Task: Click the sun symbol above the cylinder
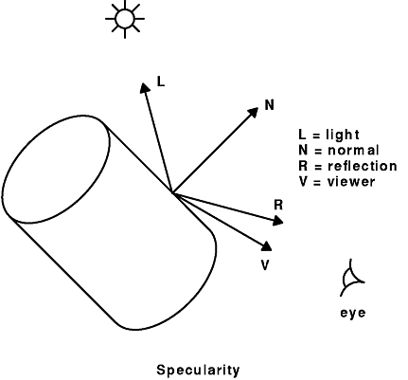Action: (125, 19)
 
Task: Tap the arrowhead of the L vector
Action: (145, 88)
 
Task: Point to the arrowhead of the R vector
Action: (277, 221)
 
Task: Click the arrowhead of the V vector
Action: (267, 246)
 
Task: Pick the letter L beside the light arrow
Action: (161, 81)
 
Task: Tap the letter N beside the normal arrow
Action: (269, 105)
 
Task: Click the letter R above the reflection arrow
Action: (278, 205)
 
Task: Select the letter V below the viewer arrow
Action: (265, 265)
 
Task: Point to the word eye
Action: (353, 313)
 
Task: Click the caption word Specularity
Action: (198, 371)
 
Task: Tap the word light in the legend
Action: (343, 135)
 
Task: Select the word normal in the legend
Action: (353, 151)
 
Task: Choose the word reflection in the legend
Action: (363, 166)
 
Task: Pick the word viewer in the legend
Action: (351, 182)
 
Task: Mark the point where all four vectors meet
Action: (172, 192)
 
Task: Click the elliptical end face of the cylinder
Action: (56, 170)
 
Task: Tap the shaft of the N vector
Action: (212, 153)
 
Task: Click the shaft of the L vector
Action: (158, 140)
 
